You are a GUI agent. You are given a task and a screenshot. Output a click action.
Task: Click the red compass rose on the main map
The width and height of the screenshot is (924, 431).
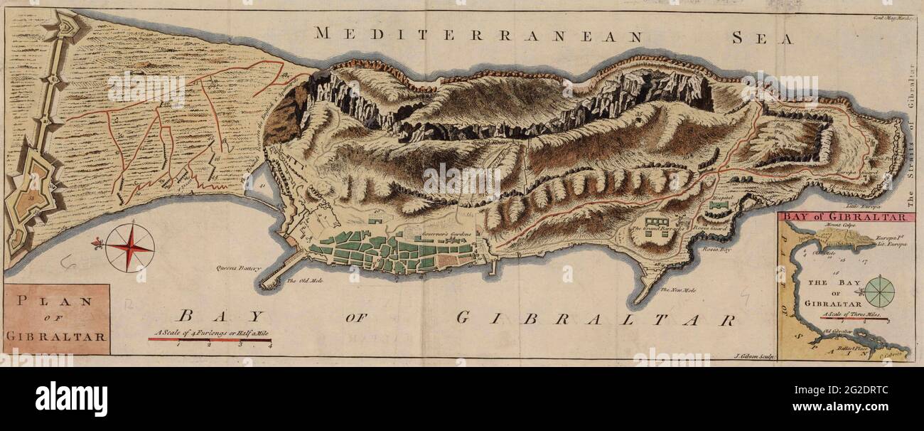(x=129, y=248)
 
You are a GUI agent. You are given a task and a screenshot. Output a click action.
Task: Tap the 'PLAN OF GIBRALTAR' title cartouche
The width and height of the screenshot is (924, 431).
(x=57, y=319)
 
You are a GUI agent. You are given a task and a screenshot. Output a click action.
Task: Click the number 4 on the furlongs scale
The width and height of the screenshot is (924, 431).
(x=270, y=345)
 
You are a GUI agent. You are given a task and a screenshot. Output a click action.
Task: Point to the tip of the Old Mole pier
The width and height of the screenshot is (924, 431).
(x=264, y=286)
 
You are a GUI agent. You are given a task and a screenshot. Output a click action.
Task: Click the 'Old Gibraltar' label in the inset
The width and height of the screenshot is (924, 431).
(x=836, y=331)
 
